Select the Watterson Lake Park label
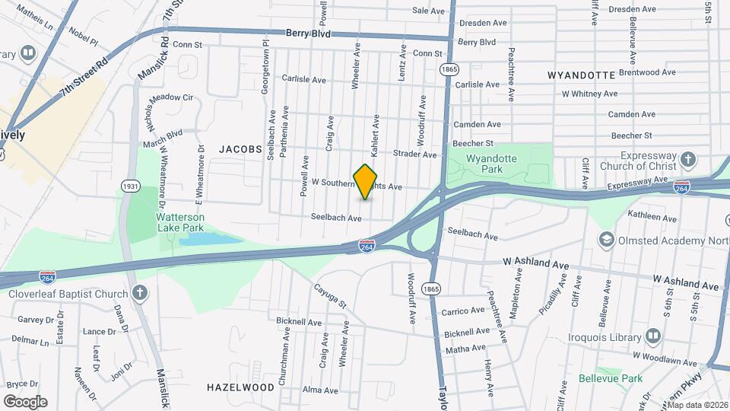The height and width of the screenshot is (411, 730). tap(180, 221)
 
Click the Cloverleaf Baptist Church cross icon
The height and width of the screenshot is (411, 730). tap(139, 293)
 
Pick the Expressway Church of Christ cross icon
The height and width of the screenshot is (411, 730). tap(688, 160)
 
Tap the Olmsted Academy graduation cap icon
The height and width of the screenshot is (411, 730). tap(607, 241)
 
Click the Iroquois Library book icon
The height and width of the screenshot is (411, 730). tap(653, 336)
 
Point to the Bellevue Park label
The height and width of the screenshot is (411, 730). tap(610, 378)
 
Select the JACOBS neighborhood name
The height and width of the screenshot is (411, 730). tap(240, 149)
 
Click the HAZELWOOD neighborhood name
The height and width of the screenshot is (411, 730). tap(240, 387)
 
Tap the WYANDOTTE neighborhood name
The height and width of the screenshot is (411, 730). tap(581, 75)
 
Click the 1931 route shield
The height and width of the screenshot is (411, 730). tap(130, 186)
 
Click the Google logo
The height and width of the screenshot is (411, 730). tap(25, 401)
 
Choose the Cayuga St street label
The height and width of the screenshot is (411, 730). tap(331, 296)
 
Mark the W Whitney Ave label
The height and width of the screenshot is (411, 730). tap(589, 94)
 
